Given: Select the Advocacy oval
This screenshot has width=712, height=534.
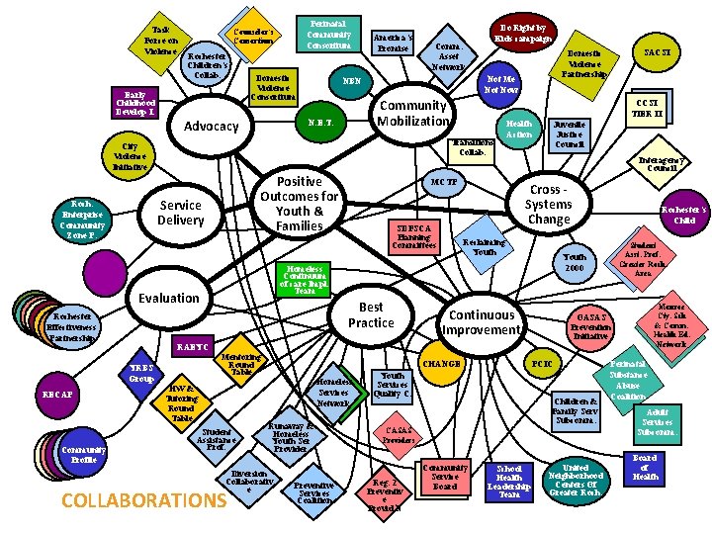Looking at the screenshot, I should click(212, 126).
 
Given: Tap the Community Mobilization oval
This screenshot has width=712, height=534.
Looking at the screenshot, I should click(413, 113).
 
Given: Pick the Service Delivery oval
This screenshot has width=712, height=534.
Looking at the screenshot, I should click(180, 213).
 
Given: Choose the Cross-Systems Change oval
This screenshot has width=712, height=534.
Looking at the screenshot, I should click(549, 205).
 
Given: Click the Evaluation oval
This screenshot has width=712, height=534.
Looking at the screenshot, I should click(169, 297).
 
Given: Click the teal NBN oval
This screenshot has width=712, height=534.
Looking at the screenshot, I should click(351, 82).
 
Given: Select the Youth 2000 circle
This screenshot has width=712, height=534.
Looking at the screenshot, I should click(575, 263).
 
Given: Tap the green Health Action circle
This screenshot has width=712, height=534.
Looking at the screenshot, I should click(519, 129).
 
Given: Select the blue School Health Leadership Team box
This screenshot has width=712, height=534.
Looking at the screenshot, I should click(509, 481).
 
